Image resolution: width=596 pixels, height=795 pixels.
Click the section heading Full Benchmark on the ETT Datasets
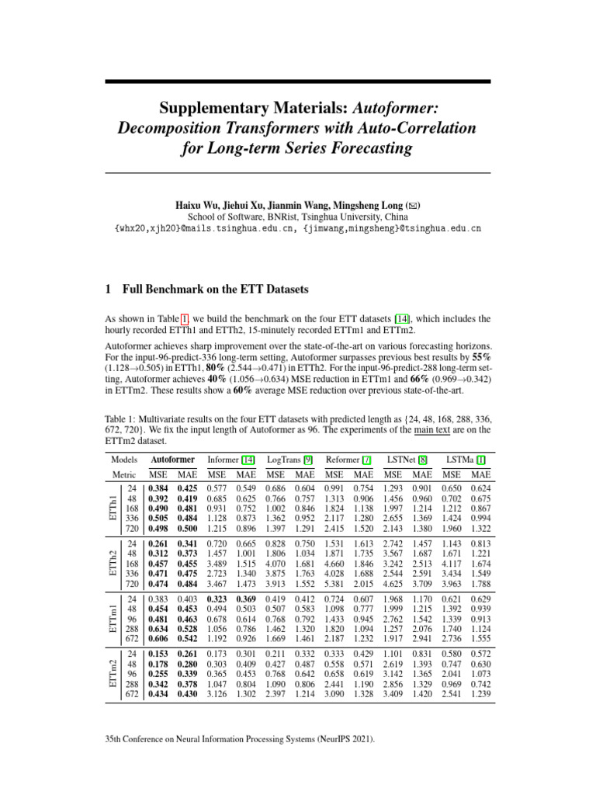pos(216,290)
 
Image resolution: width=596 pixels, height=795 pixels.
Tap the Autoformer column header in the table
pos(172,460)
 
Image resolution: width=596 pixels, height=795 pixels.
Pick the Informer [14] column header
pos(230,460)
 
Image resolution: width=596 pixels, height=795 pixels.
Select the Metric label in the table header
pos(124,474)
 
